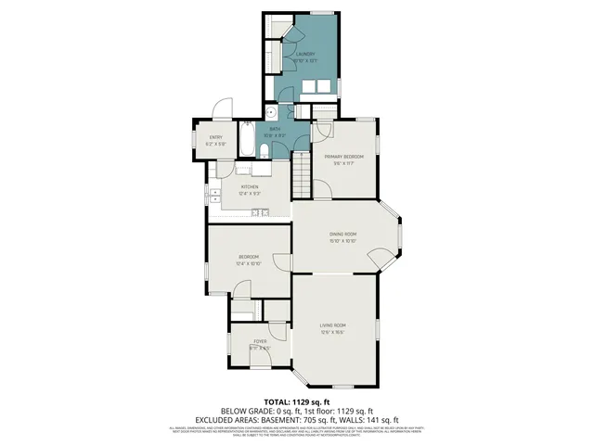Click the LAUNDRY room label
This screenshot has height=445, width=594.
(x=305, y=55)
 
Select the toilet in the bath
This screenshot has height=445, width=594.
(x=265, y=151)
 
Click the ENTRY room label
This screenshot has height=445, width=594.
(x=215, y=138)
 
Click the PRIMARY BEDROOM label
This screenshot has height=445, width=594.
(x=343, y=158)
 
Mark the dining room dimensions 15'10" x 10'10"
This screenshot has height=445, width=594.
(x=342, y=241)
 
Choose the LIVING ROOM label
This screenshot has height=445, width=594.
(x=333, y=324)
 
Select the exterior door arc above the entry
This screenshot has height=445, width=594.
(x=221, y=109)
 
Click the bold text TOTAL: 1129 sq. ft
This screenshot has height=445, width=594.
(x=296, y=401)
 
